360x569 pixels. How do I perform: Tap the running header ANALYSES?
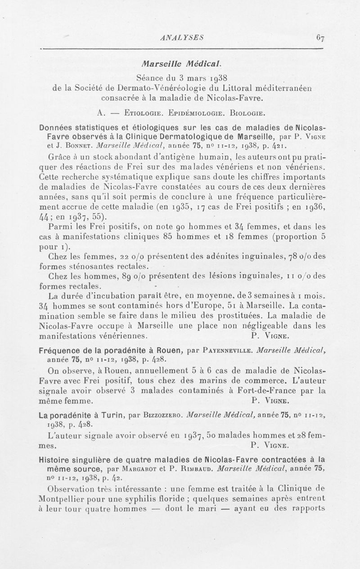point(183,38)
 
